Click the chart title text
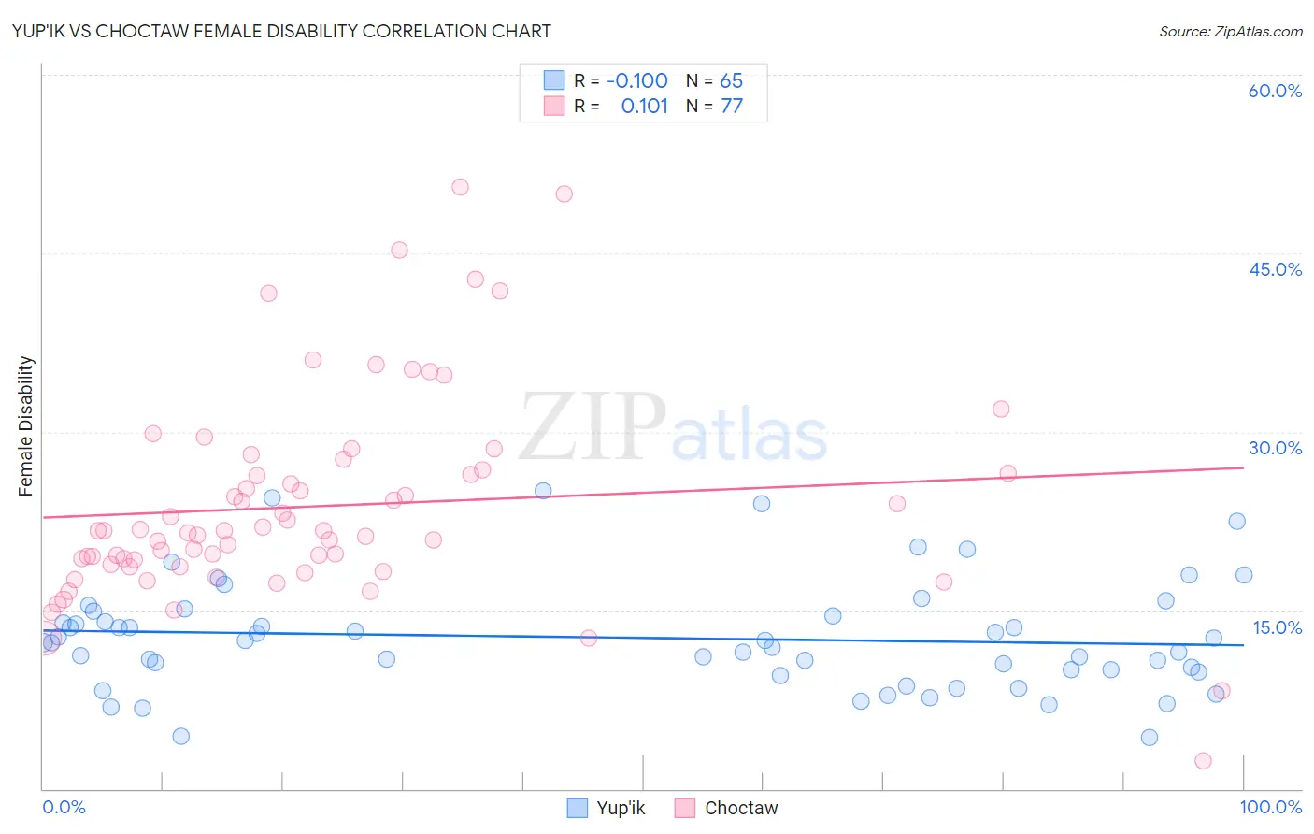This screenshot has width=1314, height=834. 281,31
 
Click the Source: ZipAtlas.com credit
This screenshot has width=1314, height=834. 1230,31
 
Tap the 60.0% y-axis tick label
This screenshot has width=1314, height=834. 1275,91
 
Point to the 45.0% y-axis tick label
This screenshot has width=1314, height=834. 1275,269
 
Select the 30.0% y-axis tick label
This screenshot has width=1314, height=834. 1275,448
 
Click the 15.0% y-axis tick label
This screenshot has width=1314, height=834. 1277,627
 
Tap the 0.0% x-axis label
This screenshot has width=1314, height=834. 64,807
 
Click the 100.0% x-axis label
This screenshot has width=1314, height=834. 1270,807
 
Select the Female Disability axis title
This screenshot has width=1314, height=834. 26,425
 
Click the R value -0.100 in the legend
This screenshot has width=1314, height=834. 636,80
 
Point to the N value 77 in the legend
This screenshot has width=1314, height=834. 732,106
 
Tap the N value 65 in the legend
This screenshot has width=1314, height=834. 731,80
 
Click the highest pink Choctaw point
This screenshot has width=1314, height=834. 460,187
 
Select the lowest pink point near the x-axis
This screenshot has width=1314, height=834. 1203,761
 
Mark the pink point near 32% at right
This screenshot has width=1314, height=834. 1001,409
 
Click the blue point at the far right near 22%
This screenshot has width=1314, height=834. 1236,522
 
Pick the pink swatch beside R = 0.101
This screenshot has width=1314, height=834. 554,106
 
